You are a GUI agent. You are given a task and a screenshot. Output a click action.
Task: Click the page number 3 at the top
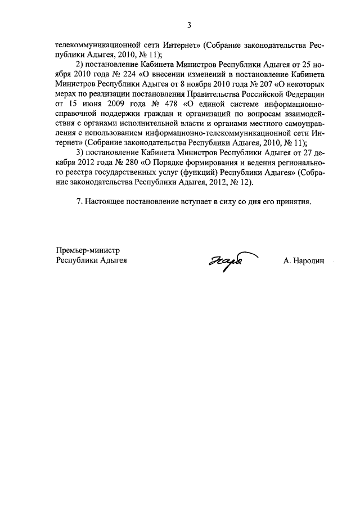pos(189,24)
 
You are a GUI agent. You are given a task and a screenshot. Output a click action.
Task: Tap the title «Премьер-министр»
pos(89,250)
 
